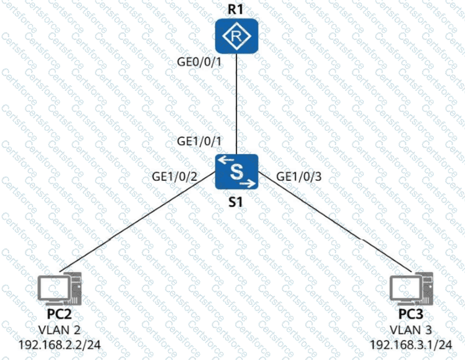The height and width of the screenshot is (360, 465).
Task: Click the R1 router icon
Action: coord(237,36)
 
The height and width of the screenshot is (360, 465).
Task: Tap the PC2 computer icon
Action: coord(59,290)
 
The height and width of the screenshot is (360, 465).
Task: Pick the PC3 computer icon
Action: coord(410,290)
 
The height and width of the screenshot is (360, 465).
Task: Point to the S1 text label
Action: coord(236,203)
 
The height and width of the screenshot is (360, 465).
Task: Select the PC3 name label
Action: coord(410,317)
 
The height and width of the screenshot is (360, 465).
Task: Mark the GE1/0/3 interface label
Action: coord(299,176)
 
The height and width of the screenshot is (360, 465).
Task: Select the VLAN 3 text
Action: coord(410,330)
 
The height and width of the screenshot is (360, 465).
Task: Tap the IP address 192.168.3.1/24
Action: coord(410,344)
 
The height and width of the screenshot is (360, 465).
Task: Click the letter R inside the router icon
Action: coord(237,36)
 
